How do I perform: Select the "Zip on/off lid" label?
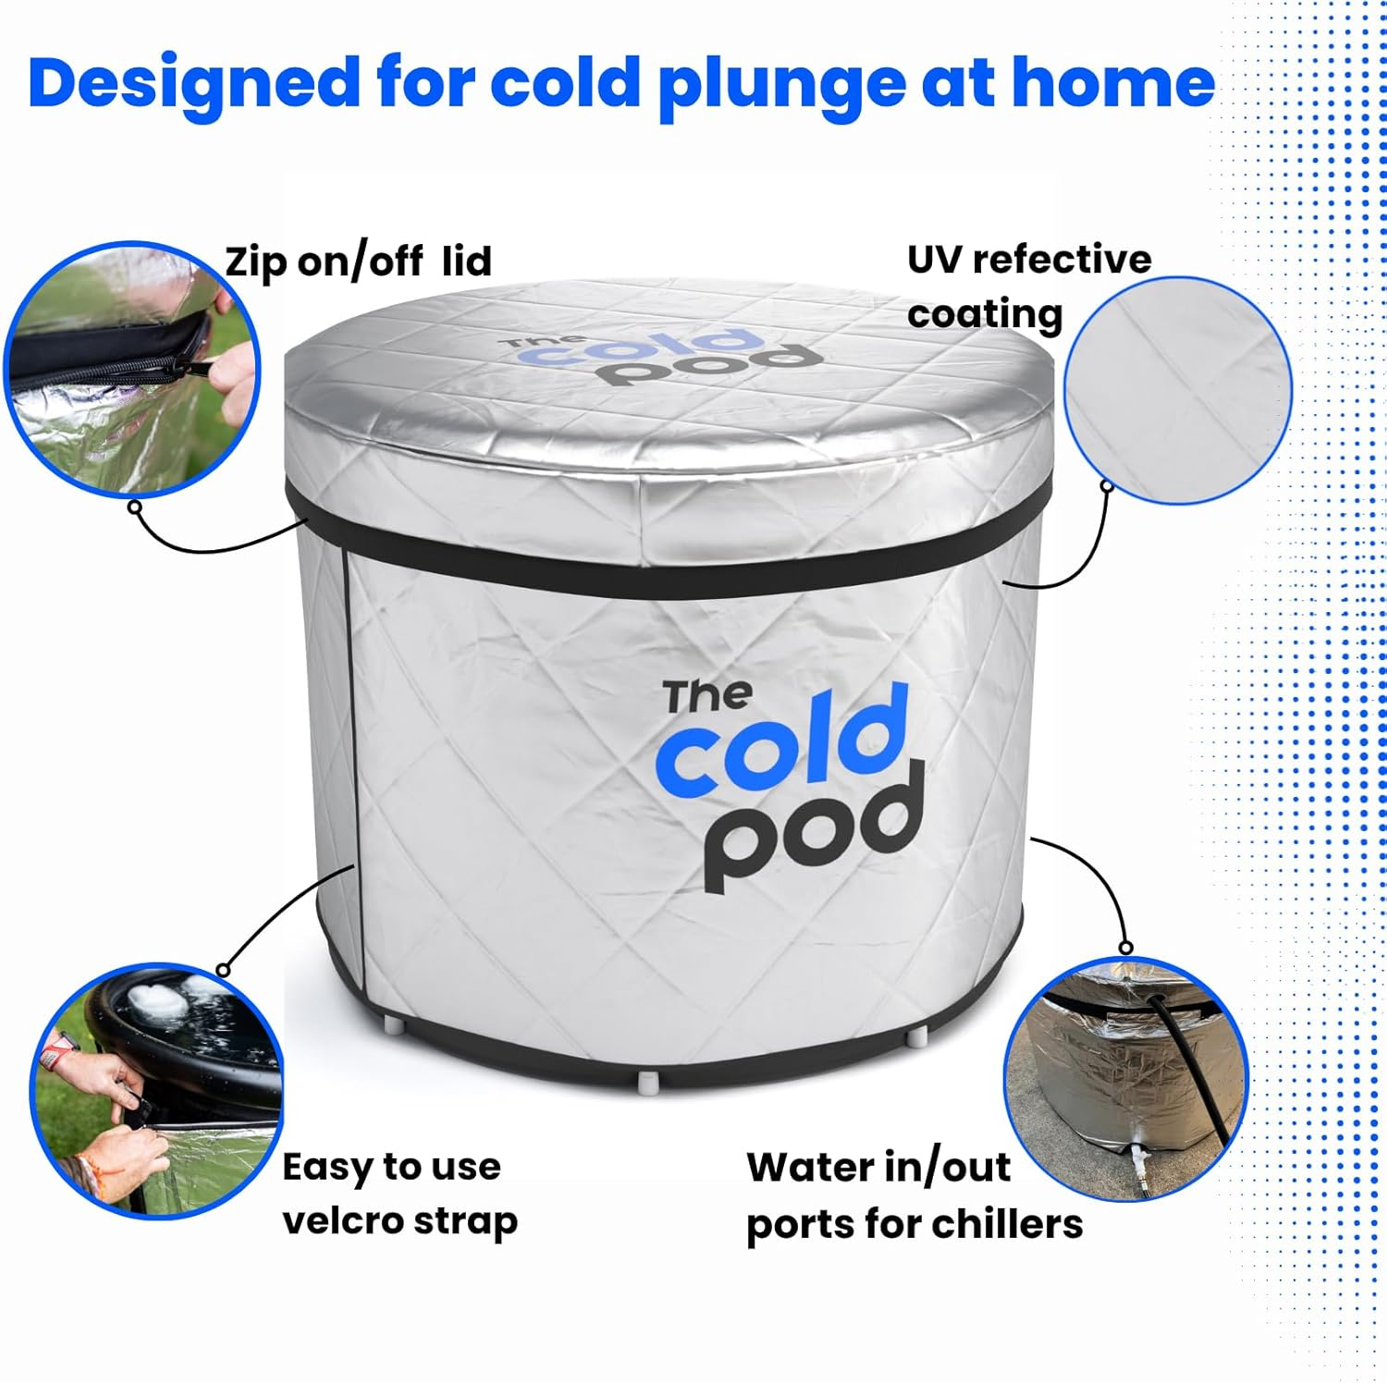pos(359,262)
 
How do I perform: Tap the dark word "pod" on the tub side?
pos(814,828)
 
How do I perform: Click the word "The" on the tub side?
pos(707,696)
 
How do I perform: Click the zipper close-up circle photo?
pos(131,370)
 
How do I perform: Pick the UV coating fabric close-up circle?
pos(1177,390)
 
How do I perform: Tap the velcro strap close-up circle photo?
pos(157,1091)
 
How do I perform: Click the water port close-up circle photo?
pos(1126,1079)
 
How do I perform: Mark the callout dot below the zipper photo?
pos(136,507)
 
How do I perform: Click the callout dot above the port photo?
pos(1125,948)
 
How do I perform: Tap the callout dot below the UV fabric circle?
pos(1106,484)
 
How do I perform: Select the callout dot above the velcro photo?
pos(223,970)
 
